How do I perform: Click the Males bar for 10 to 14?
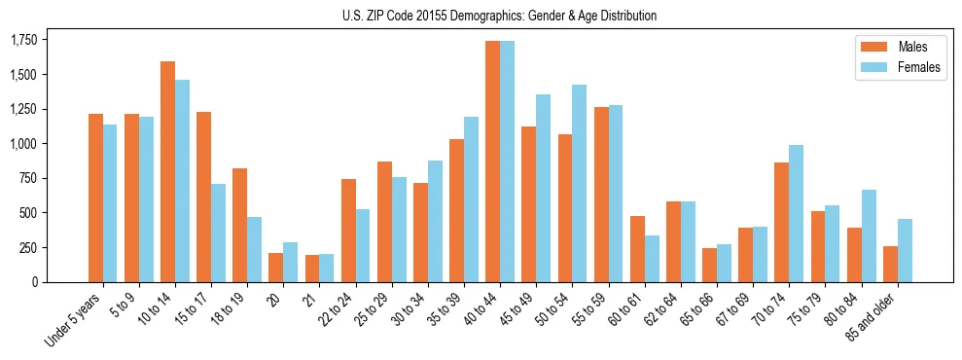pos(167,171)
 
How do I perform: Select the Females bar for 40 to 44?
pos(507,162)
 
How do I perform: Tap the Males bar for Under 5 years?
pos(95,198)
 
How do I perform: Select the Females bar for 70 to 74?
pos(796,213)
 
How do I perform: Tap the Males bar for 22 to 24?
pos(348,231)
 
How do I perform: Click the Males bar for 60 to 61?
pos(637,248)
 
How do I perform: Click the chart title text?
pos(499,16)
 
